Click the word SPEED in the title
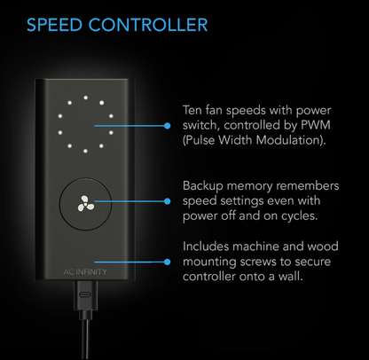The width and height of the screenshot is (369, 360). tap(54, 25)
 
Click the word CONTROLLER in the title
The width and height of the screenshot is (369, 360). tap(148, 25)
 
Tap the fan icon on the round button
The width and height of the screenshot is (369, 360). tap(86, 203)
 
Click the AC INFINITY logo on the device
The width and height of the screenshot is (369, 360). tap(85, 271)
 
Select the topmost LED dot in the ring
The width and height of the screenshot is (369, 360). tap(85, 98)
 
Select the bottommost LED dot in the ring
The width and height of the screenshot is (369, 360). tap(85, 151)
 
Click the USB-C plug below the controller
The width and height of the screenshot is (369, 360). tap(86, 295)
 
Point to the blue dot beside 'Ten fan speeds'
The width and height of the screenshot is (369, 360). tap(168, 126)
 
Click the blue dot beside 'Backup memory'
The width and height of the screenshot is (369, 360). tap(168, 201)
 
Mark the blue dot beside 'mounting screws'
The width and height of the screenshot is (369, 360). tap(168, 262)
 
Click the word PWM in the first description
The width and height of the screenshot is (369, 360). tap(316, 125)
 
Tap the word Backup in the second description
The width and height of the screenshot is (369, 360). tap(203, 187)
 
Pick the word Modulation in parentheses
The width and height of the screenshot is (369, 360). tap(291, 140)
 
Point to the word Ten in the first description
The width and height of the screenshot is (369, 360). tap(192, 111)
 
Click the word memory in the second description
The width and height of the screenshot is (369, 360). tap(249, 187)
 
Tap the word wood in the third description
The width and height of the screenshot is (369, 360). tap(323, 247)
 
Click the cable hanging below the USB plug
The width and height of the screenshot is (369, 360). tap(86, 340)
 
